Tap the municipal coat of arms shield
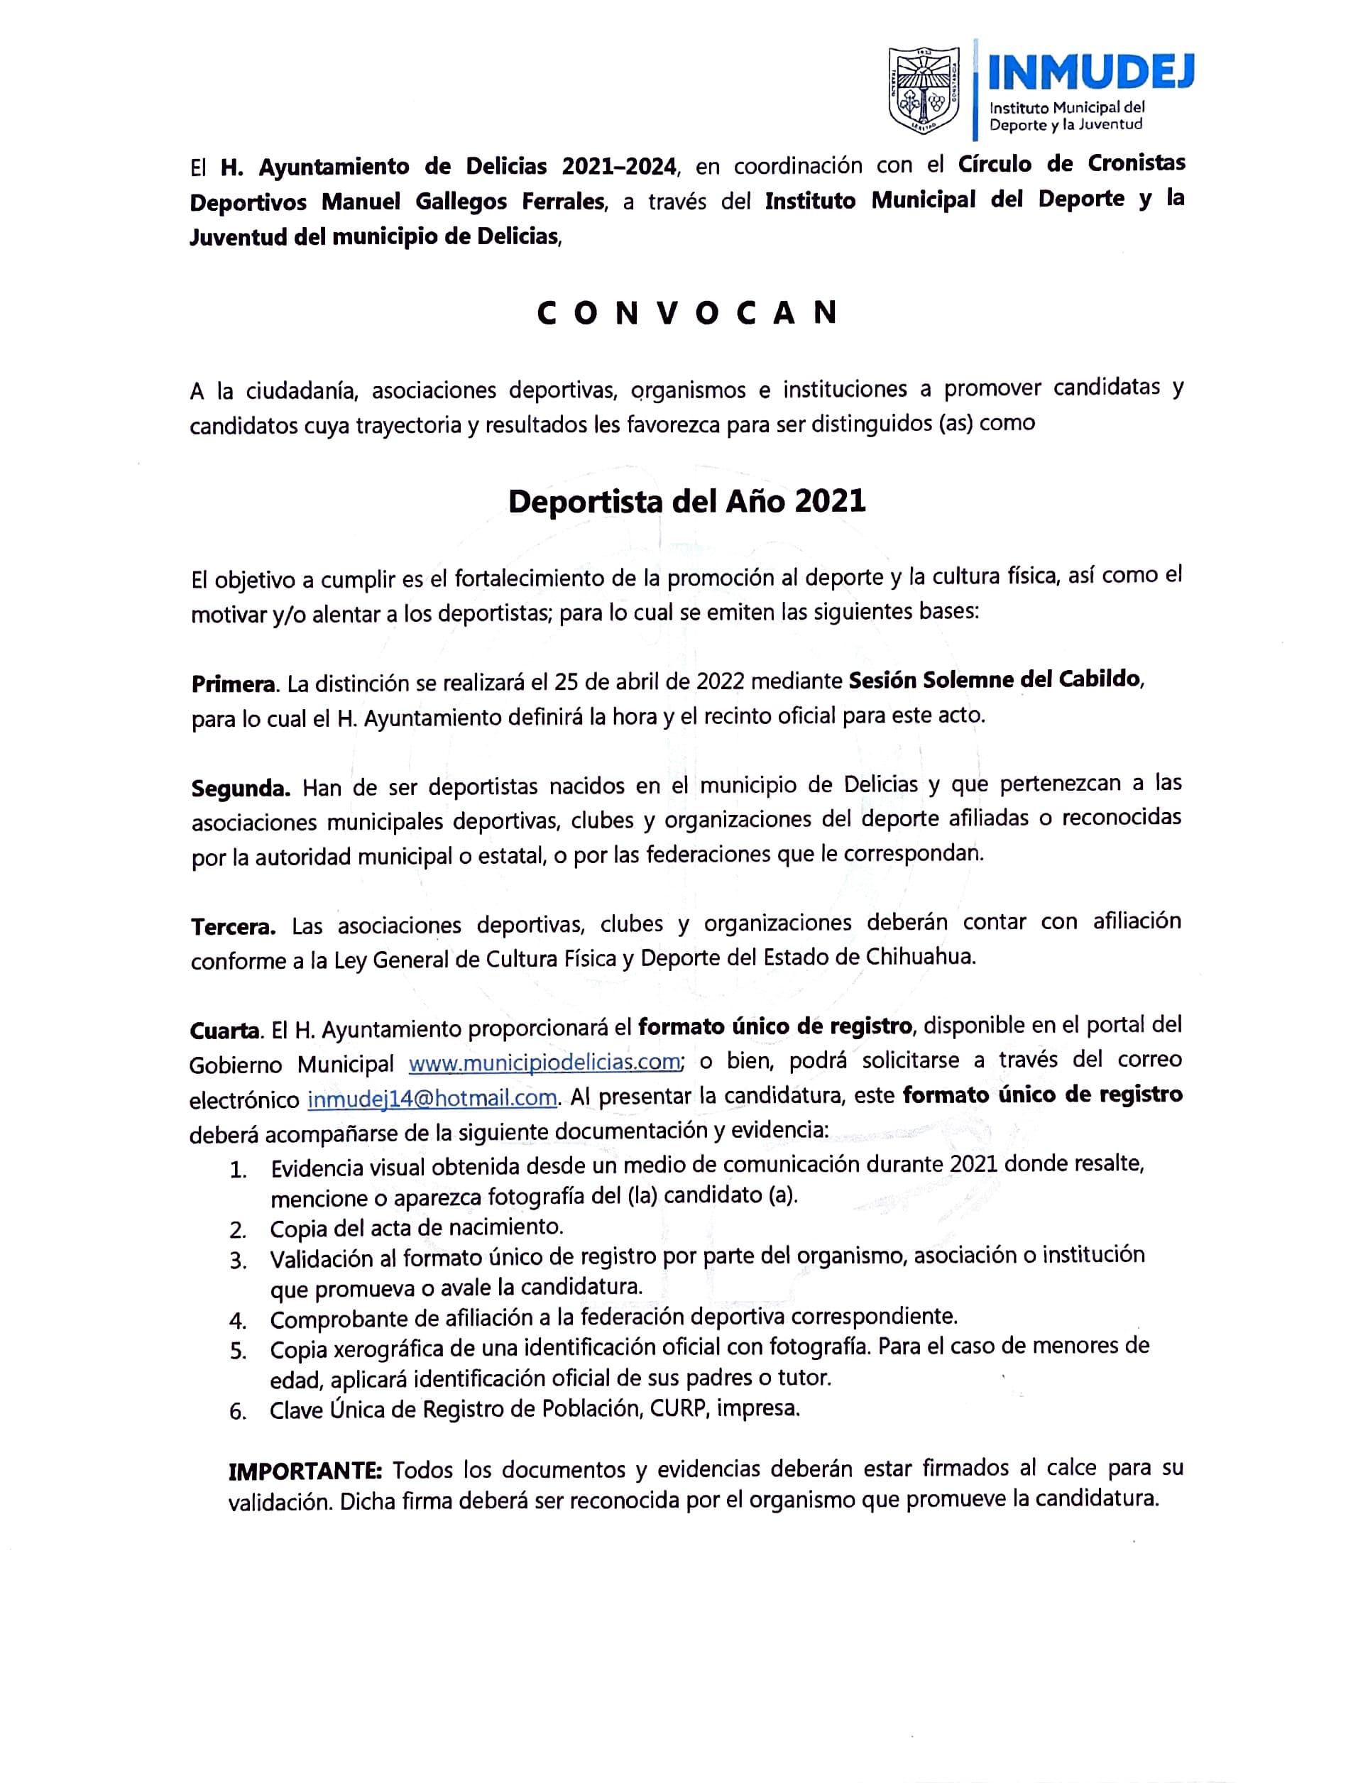(924, 90)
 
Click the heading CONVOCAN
(686, 313)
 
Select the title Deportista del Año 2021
(686, 501)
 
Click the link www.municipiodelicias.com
(544, 1062)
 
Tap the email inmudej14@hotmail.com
(432, 1098)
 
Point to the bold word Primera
(234, 684)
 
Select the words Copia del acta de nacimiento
(416, 1227)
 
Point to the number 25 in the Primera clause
(566, 681)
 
